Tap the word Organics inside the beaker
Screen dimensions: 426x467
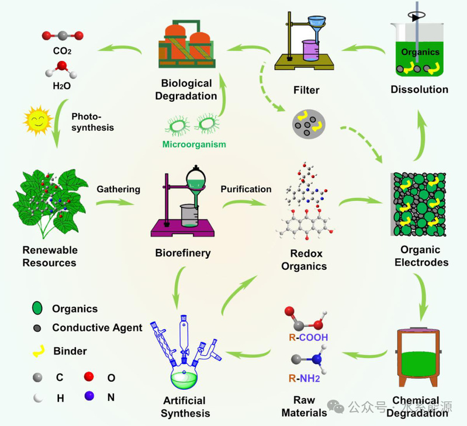tap(420, 52)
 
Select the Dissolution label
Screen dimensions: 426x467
tap(420, 89)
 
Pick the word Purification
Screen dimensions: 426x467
tap(245, 189)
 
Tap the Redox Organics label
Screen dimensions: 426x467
tap(308, 260)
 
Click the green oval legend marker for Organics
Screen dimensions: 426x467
tap(37, 309)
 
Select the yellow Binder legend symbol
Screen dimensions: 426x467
tap(37, 351)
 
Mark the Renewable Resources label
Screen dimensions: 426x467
tap(50, 256)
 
